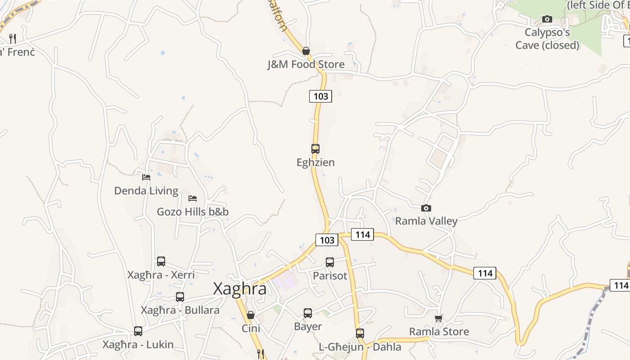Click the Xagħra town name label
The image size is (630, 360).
point(239,289)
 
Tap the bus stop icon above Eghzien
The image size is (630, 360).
point(315,148)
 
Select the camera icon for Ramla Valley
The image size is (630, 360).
point(426,208)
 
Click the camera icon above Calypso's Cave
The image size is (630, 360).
point(547,19)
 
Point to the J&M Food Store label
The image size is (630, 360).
point(306,64)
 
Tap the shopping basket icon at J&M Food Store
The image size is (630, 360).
point(306,51)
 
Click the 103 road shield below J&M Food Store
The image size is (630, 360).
point(320,96)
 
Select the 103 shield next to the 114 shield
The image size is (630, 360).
point(327,240)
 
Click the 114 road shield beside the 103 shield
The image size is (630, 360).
point(362,234)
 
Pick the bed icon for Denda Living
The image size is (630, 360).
point(146,177)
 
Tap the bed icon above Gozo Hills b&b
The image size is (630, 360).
point(193,198)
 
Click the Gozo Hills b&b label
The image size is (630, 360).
point(193,211)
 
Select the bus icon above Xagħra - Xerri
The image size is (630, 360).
point(161,261)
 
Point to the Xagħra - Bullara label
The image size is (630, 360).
point(180,310)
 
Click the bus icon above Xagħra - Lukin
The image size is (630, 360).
point(138,331)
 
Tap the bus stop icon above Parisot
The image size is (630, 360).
point(330,262)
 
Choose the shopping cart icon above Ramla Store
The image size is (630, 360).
point(439,318)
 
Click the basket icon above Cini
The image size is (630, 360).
point(251,315)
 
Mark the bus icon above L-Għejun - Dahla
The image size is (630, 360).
point(360,333)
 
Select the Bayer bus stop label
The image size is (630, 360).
point(308,326)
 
